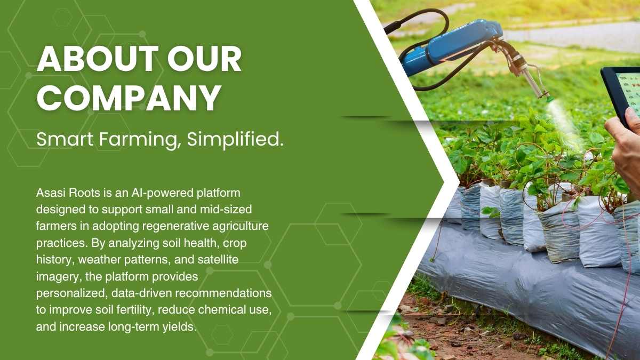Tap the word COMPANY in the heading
point(129,97)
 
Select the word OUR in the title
point(205,58)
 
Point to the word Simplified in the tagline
point(235,139)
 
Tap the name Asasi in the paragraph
point(51,193)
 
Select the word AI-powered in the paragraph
point(162,194)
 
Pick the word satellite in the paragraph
point(218,260)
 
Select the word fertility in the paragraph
point(133,310)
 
